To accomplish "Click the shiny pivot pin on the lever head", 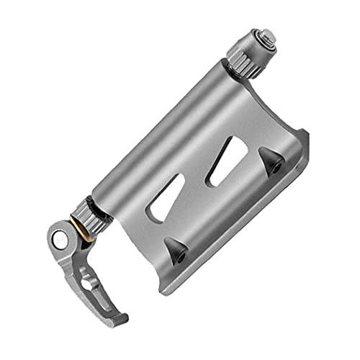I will [63, 237].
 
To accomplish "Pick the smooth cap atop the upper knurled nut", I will [264, 40].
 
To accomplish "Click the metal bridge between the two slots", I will [192, 184].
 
